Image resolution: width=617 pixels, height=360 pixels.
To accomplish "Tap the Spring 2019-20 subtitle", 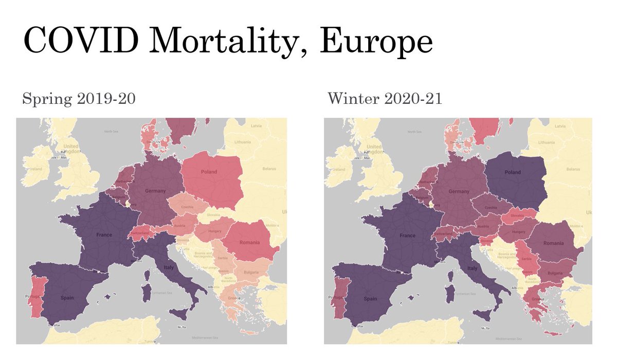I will pyautogui.click(x=79, y=99).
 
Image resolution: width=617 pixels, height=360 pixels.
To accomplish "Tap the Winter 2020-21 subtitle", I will pyautogui.click(x=385, y=99).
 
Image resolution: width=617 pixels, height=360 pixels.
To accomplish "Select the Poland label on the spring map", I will pyautogui.click(x=209, y=172).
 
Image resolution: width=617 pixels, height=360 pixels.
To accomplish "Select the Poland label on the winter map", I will pyautogui.click(x=513, y=172).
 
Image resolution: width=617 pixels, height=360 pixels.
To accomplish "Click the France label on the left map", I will pyautogui.click(x=104, y=235).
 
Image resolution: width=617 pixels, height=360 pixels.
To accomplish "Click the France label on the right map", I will pyautogui.click(x=408, y=235).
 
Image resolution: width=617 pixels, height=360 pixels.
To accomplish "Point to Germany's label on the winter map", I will pyautogui.click(x=459, y=191).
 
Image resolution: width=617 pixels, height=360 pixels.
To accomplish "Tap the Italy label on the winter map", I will pyautogui.click(x=473, y=268).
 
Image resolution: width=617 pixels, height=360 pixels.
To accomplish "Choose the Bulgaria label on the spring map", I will pyautogui.click(x=250, y=272).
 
